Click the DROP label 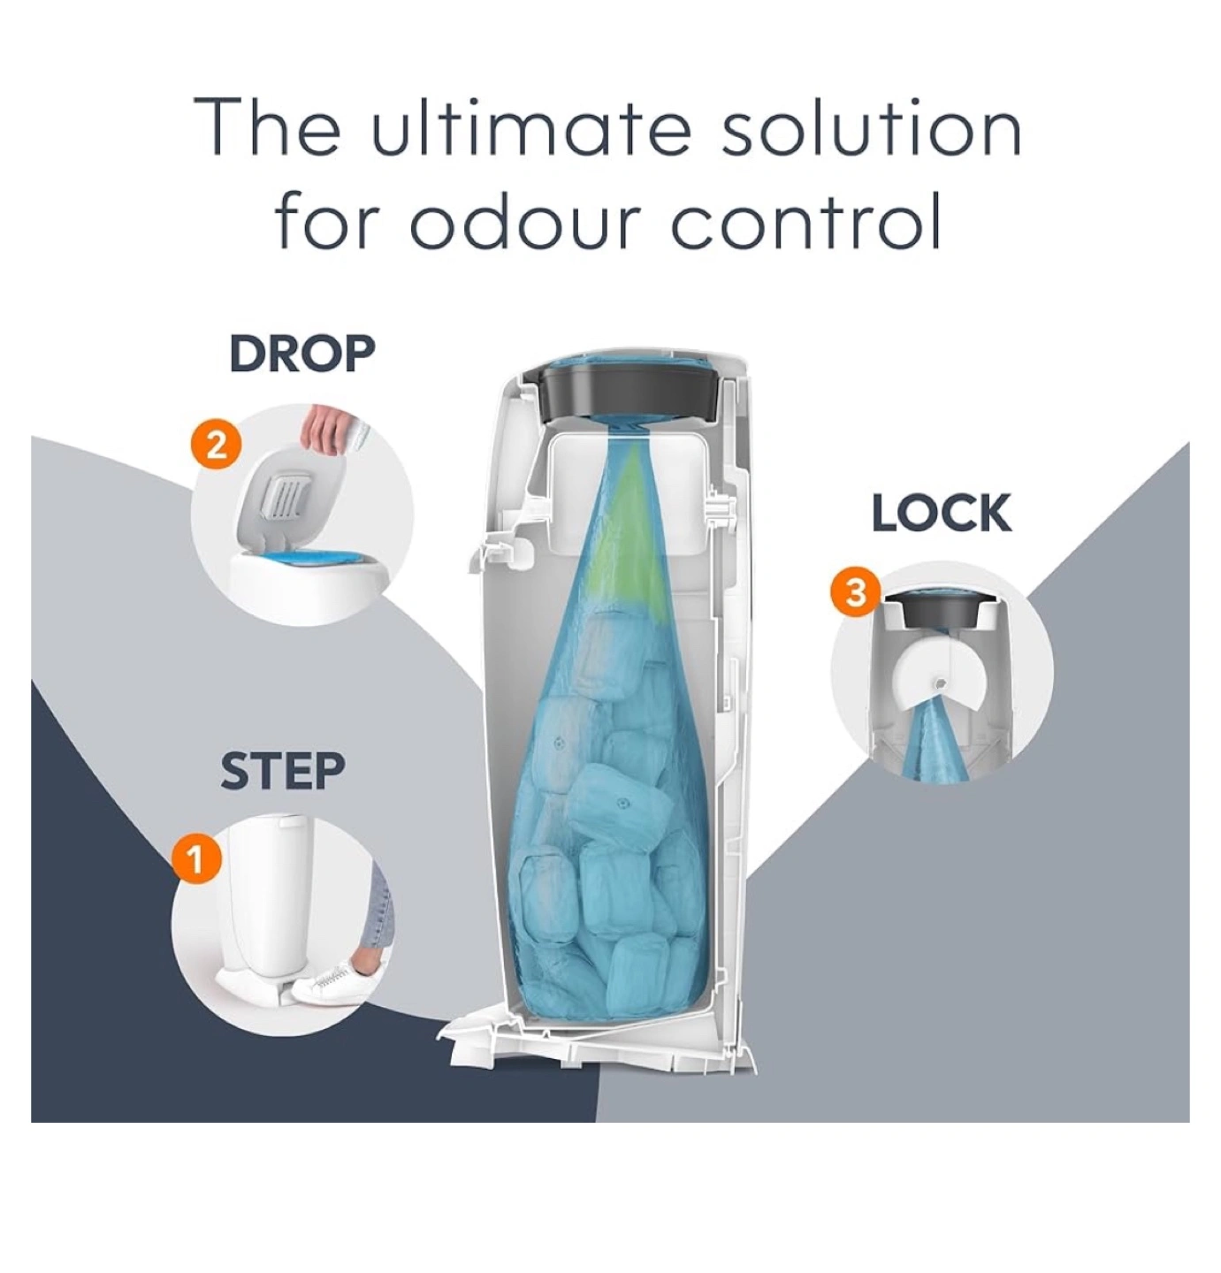[302, 354]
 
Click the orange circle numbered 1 [195, 859]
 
